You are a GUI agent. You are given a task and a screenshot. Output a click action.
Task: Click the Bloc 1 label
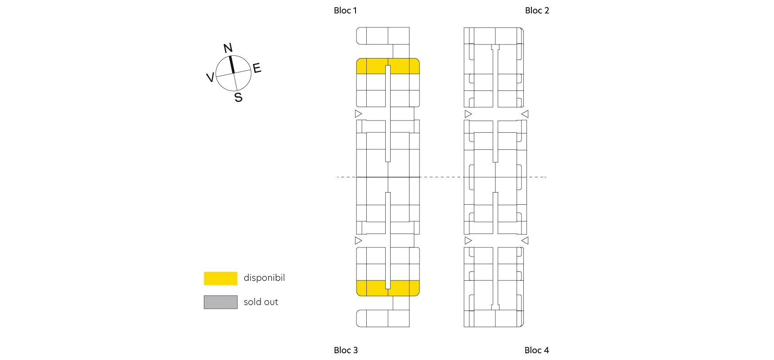(345, 10)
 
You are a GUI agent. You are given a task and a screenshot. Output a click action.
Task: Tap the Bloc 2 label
(537, 10)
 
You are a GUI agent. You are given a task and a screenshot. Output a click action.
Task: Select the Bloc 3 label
(346, 350)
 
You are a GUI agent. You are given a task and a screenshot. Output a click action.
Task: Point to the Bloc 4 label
(536, 350)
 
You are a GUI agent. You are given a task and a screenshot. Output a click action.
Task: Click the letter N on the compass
(228, 48)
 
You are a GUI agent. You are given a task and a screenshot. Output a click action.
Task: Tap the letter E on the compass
(257, 68)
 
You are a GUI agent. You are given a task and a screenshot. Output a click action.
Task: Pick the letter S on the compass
(238, 97)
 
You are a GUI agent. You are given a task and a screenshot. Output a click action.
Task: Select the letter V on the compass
(210, 77)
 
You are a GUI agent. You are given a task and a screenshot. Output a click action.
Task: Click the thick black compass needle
(232, 64)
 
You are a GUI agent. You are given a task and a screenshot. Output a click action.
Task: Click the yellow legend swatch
(220, 278)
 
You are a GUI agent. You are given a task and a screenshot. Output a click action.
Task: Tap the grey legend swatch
(220, 302)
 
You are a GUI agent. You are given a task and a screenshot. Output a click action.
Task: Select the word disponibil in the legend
(264, 278)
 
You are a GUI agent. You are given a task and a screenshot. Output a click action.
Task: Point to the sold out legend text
(261, 302)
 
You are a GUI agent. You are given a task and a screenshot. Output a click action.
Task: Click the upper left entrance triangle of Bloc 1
(358, 114)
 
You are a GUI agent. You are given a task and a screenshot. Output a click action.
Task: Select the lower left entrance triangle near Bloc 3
(358, 240)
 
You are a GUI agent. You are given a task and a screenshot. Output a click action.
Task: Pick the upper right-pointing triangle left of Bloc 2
(468, 114)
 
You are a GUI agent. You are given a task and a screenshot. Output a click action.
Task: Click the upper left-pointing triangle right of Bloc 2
(525, 114)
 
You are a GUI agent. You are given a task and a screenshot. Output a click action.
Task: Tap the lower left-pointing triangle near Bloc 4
(525, 240)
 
